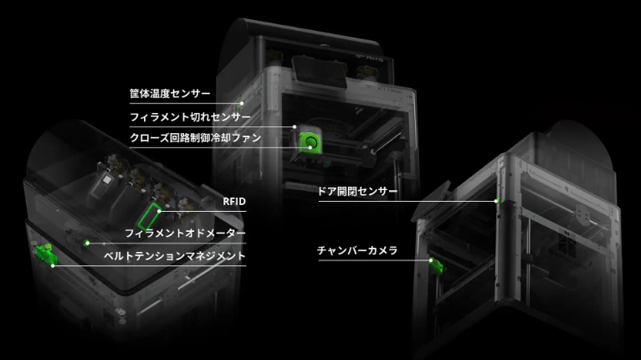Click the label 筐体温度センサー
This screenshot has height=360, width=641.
pos(170,93)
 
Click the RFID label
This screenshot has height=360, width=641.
pos(234,202)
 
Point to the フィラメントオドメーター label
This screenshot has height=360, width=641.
pos(185,232)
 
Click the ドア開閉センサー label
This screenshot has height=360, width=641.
pos(357,191)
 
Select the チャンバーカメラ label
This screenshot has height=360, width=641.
pos(356,250)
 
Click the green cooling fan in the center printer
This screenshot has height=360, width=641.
pos(310,140)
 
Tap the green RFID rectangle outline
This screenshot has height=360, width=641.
pos(150,215)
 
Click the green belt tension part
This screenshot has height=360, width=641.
pos(42,251)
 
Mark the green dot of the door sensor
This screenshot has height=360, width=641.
pos(497,200)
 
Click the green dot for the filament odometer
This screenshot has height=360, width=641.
pos(87,243)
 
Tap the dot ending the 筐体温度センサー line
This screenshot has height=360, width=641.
pos(243,103)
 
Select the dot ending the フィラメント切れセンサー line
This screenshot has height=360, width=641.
pos(295,126)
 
